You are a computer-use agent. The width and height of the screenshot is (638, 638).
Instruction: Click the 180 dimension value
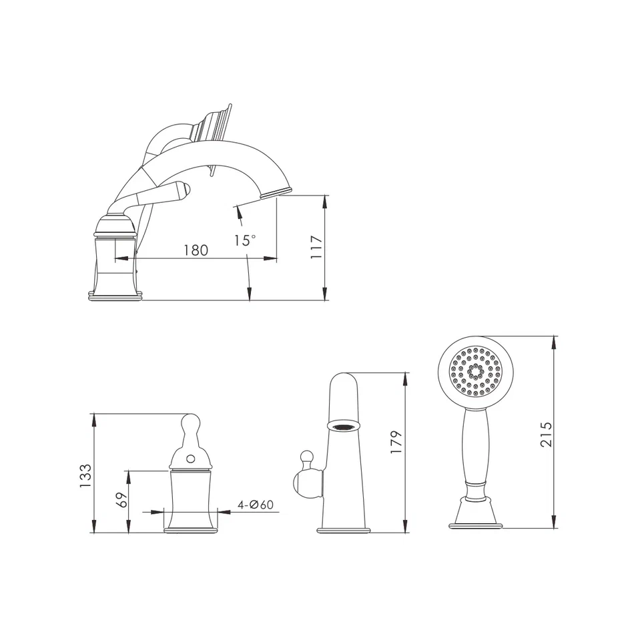tap(196, 250)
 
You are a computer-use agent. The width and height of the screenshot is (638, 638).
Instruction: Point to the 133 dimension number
tap(85, 474)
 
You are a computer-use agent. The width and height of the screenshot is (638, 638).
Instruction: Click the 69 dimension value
tap(121, 501)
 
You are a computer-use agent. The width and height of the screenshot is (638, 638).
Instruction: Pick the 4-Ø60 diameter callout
tap(256, 505)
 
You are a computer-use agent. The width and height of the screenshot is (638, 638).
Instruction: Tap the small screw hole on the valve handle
tap(192, 458)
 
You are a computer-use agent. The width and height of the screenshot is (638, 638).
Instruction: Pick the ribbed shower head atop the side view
tap(212, 125)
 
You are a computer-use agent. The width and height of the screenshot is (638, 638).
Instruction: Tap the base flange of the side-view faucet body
tap(115, 295)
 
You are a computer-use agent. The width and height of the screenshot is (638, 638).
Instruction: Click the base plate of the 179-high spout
tap(343, 530)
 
